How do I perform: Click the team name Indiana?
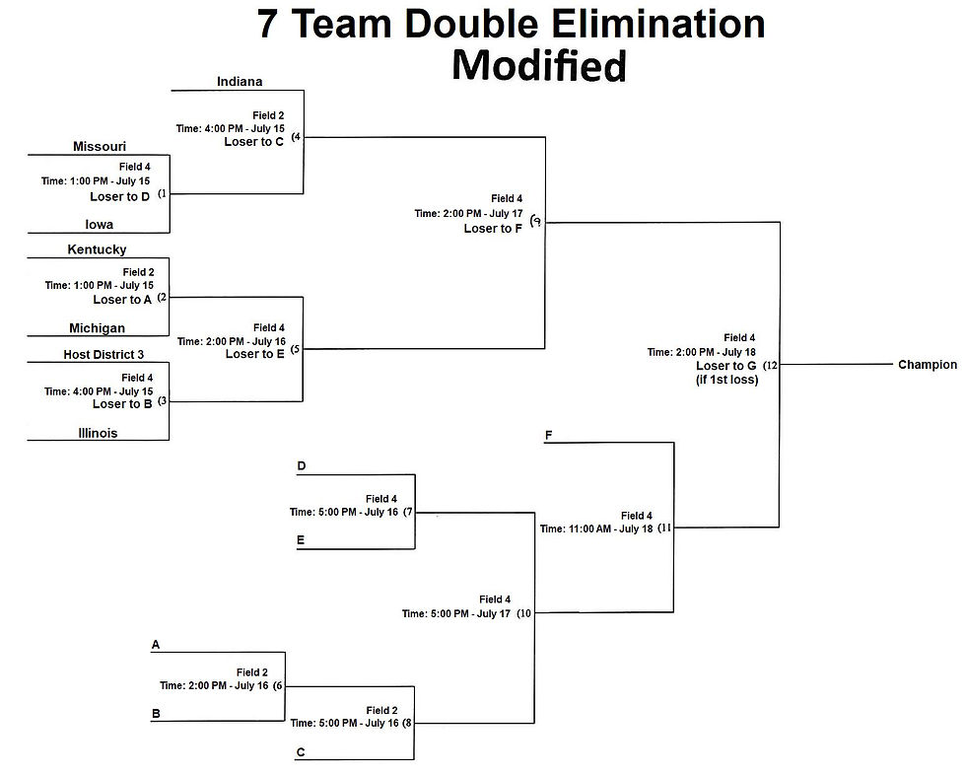point(240,81)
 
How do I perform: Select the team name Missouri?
point(100,146)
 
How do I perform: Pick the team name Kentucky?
point(97,249)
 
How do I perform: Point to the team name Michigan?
point(97,328)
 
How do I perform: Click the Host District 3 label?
point(103,354)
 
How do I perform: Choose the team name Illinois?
point(98,432)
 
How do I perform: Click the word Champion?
point(927,365)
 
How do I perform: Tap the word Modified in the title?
point(539,66)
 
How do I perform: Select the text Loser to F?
point(493,229)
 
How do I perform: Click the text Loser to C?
point(254,141)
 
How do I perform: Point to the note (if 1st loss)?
point(726,380)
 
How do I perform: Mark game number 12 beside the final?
point(771,366)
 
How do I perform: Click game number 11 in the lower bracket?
point(665,528)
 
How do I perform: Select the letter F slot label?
point(547,434)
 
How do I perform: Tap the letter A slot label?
point(155,645)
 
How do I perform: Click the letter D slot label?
point(301,466)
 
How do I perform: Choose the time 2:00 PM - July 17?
point(468,213)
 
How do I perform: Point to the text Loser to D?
point(120,196)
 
